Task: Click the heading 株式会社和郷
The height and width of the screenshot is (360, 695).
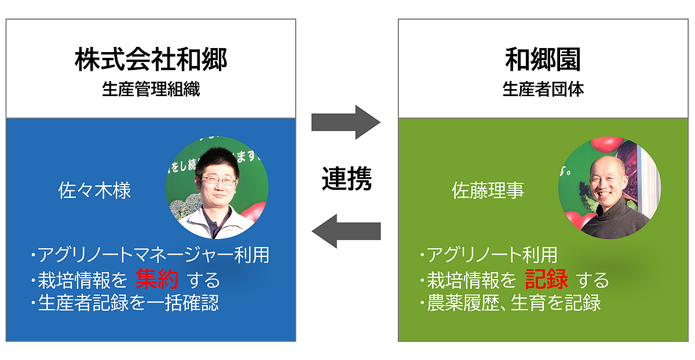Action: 151,60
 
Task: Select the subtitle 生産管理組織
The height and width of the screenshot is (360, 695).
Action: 151,89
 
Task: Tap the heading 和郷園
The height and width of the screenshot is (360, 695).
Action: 543,60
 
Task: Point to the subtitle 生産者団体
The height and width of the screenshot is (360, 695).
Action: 543,89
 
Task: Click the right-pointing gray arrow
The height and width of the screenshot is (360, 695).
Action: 346,122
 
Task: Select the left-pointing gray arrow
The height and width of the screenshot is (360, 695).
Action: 346,231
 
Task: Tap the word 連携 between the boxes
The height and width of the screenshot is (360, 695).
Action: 346,179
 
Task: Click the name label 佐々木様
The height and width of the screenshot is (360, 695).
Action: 94,190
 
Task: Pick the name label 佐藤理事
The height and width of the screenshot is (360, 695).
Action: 488,190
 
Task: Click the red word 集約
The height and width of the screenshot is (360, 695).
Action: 157,279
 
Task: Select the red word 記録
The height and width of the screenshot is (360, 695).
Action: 546,279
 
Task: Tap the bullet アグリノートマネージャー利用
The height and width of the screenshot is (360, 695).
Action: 150,255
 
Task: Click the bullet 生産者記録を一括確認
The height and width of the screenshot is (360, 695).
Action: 125,303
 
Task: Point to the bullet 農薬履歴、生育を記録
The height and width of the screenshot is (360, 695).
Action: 510,303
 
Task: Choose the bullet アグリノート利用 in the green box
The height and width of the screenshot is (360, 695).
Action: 488,255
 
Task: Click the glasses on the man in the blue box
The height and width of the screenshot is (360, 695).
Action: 219,181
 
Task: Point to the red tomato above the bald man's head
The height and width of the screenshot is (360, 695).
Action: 607,144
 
